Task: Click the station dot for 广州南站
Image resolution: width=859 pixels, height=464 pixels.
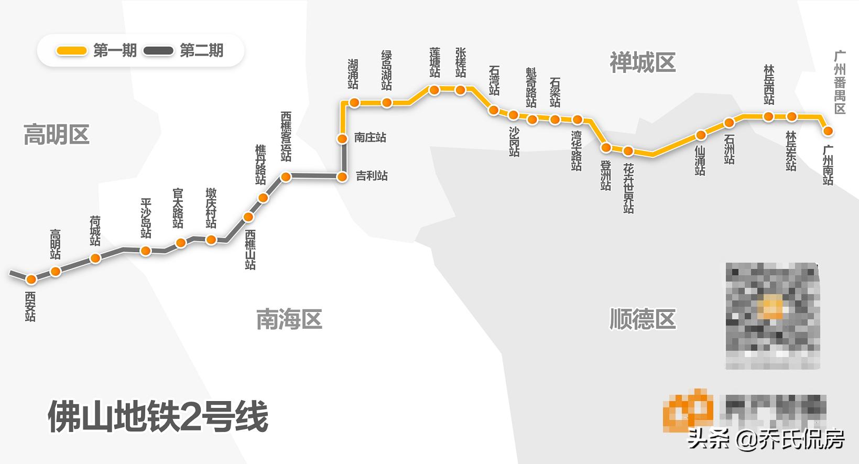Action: tap(828, 131)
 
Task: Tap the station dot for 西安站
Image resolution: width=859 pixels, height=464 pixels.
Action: tap(31, 279)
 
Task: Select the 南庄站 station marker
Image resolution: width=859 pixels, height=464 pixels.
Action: tap(342, 139)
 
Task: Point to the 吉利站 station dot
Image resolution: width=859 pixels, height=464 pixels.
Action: tap(342, 177)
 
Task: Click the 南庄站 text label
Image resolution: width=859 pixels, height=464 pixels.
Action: tap(370, 138)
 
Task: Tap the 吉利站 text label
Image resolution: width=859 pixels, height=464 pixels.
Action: tap(372, 176)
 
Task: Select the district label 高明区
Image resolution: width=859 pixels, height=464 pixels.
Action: tap(57, 135)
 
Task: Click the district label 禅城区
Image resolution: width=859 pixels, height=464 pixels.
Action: tap(642, 63)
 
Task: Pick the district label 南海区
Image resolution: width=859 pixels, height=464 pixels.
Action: tap(289, 319)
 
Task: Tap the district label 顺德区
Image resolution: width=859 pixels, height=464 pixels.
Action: tap(642, 319)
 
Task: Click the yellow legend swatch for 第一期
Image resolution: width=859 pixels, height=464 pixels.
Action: tap(72, 51)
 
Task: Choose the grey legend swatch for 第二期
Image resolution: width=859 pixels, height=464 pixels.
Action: tap(158, 51)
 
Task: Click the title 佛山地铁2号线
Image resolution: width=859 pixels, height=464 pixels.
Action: tap(158, 417)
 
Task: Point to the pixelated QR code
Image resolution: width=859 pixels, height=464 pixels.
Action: tap(772, 316)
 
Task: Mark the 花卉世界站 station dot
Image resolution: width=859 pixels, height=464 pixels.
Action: tap(628, 152)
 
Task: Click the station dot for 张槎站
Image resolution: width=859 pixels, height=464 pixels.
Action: tap(460, 90)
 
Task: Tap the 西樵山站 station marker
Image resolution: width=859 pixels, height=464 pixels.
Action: tap(248, 217)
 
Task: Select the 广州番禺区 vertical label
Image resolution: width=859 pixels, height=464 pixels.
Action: tap(840, 83)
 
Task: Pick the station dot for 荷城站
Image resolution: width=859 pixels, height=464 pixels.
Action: tap(95, 258)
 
